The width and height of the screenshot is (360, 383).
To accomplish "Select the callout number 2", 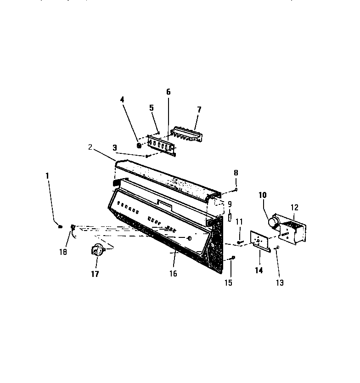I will click(91, 147).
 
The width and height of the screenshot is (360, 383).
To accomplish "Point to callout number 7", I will click(199, 109).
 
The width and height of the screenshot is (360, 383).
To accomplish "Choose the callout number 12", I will click(294, 208).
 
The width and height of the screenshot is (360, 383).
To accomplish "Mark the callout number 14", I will click(259, 270).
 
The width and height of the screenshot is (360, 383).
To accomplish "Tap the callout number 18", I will click(62, 252).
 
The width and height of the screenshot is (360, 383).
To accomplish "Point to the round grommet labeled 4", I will click(139, 146).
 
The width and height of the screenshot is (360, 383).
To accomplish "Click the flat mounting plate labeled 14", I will click(259, 242).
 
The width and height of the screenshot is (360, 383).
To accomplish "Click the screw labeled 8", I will click(236, 189).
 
